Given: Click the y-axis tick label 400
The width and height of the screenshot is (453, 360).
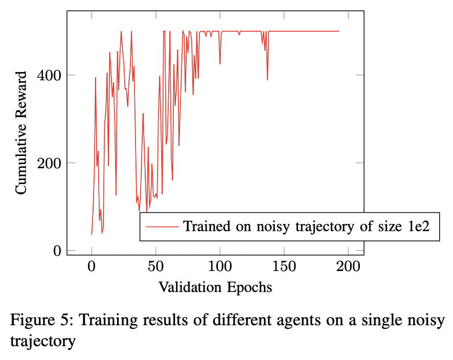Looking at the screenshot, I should [x=50, y=75].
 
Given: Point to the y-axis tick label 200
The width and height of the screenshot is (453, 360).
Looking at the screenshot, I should [x=50, y=163].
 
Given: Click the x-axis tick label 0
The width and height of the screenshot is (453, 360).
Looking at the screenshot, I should [x=92, y=267].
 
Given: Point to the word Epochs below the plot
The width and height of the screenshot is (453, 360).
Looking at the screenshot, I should [x=249, y=287].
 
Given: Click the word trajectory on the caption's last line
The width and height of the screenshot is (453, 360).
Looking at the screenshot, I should [x=43, y=340].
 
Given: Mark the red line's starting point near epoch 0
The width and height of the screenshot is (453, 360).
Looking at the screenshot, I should [x=92, y=234].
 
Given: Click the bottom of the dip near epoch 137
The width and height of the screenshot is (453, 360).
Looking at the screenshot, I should [x=267, y=80].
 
